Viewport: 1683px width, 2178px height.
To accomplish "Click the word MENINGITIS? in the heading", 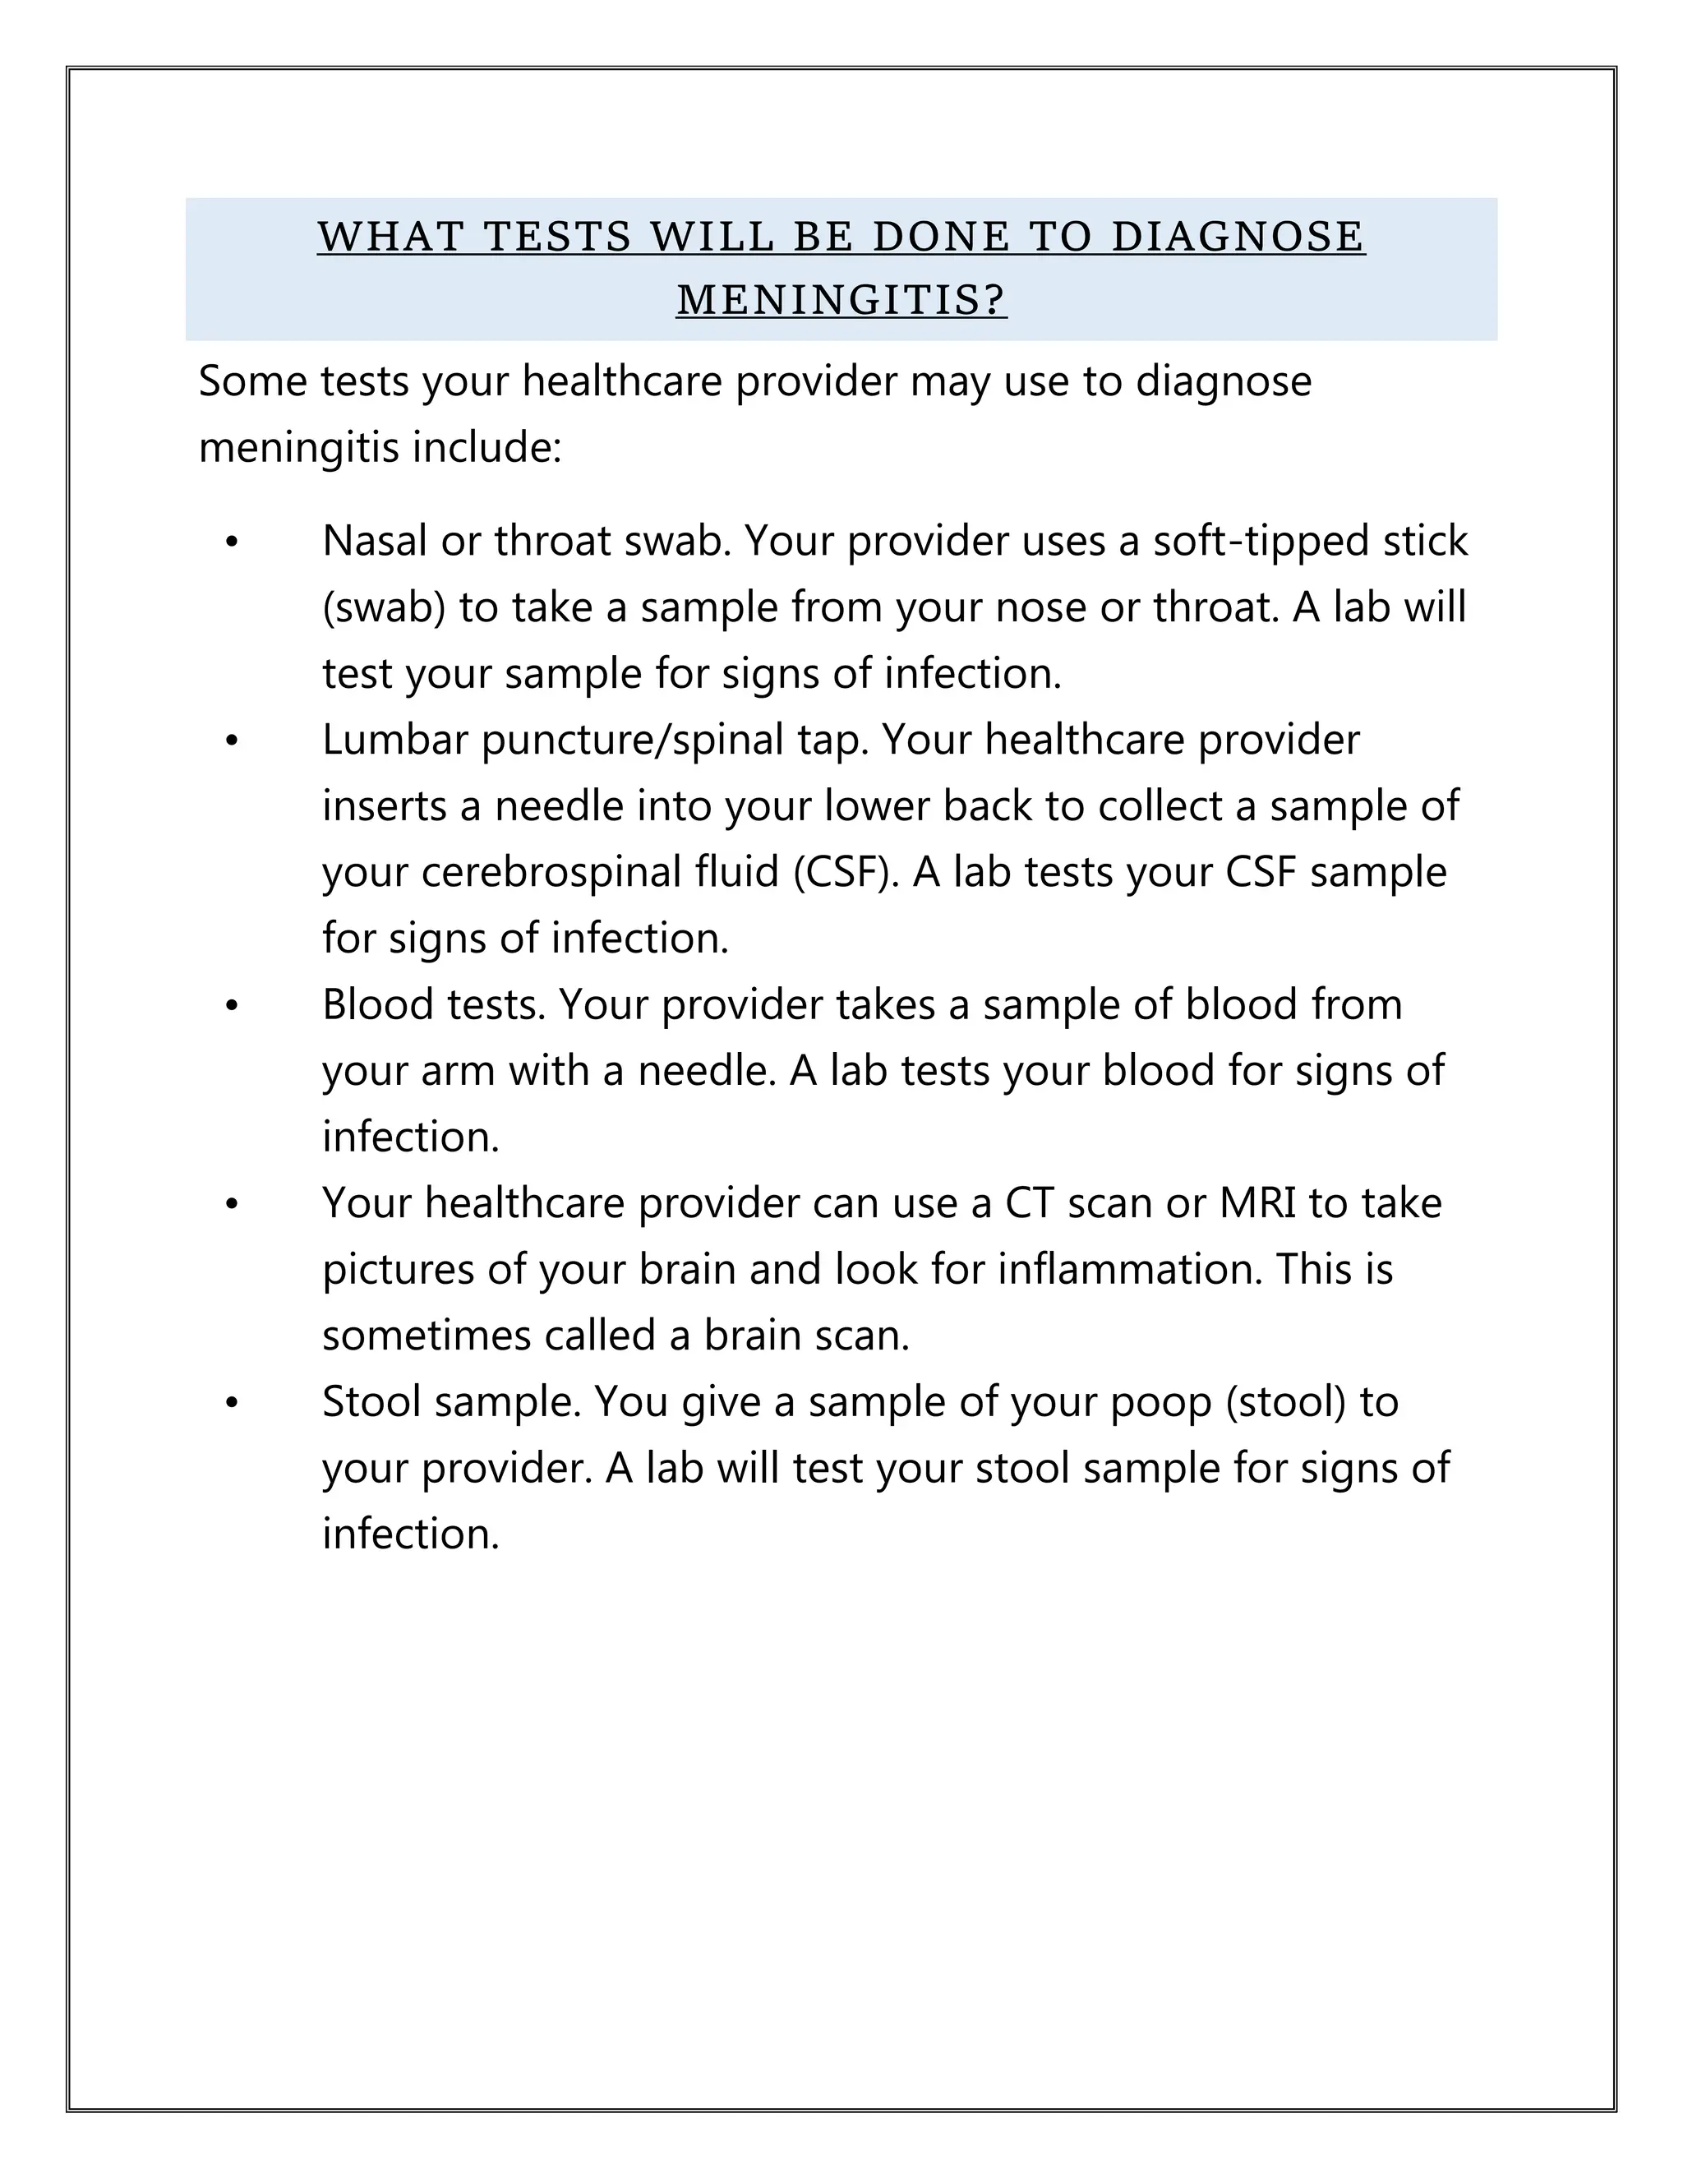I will (841, 300).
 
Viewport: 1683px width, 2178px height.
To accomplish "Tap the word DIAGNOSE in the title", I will (1238, 237).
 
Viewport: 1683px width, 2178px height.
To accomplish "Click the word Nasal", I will (374, 542).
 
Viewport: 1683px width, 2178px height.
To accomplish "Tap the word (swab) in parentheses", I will (384, 608).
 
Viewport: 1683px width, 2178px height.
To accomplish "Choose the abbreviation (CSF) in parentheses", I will (846, 873).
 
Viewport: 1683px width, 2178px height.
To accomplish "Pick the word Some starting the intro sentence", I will (252, 382).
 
